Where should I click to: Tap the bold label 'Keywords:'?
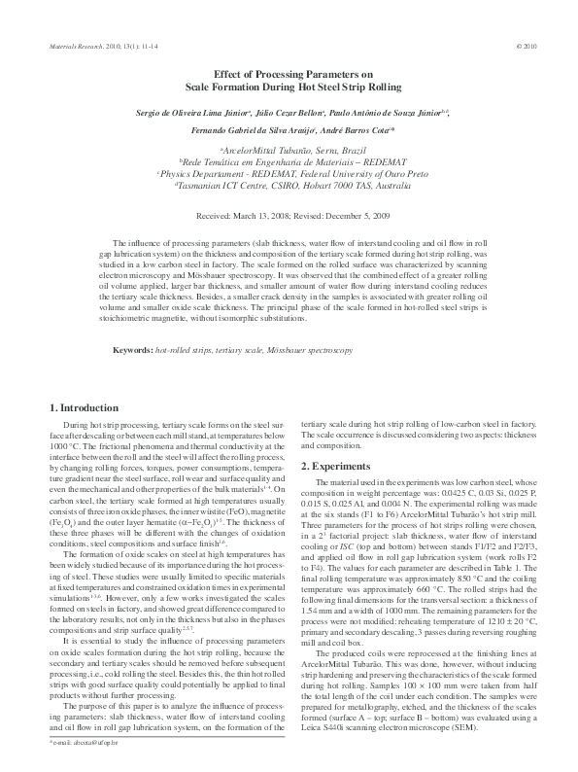tap(134, 348)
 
